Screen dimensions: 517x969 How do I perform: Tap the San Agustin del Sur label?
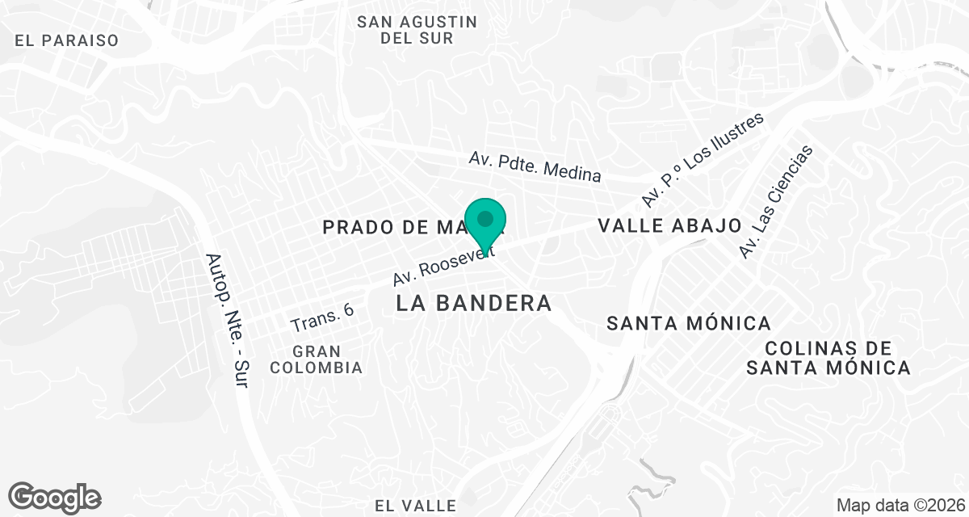[417, 30]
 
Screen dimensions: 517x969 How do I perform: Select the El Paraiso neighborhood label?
[66, 40]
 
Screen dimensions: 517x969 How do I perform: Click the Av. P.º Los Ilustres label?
[703, 159]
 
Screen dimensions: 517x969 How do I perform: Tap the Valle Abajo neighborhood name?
[669, 225]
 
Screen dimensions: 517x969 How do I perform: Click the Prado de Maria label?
[396, 227]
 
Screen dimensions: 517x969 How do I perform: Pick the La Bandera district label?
[475, 303]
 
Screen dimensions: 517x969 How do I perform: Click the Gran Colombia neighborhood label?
[317, 359]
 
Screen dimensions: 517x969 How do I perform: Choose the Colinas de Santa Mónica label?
[828, 358]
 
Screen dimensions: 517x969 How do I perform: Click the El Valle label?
[416, 506]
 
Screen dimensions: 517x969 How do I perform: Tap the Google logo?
[54, 497]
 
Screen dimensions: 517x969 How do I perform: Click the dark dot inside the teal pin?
[485, 218]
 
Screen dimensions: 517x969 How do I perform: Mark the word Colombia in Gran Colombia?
[317, 368]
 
